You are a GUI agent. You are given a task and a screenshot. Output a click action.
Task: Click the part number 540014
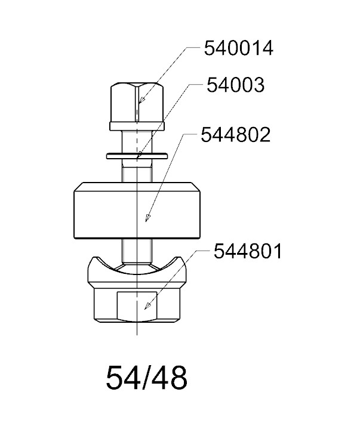click(239, 48)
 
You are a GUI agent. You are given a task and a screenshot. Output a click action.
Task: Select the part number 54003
click(235, 85)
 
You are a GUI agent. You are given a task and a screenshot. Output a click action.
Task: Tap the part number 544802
click(236, 135)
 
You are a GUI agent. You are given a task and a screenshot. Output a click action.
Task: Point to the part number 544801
click(248, 251)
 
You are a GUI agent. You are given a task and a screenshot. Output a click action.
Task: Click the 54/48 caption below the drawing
click(146, 378)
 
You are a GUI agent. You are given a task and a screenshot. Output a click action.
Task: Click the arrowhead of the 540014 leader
click(141, 100)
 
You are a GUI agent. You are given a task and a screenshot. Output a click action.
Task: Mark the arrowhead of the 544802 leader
click(147, 218)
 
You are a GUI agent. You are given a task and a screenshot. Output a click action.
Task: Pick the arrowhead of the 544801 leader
click(147, 305)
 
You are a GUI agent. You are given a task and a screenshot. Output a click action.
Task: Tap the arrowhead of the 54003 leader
click(139, 155)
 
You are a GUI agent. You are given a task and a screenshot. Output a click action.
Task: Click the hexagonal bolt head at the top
click(137, 103)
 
